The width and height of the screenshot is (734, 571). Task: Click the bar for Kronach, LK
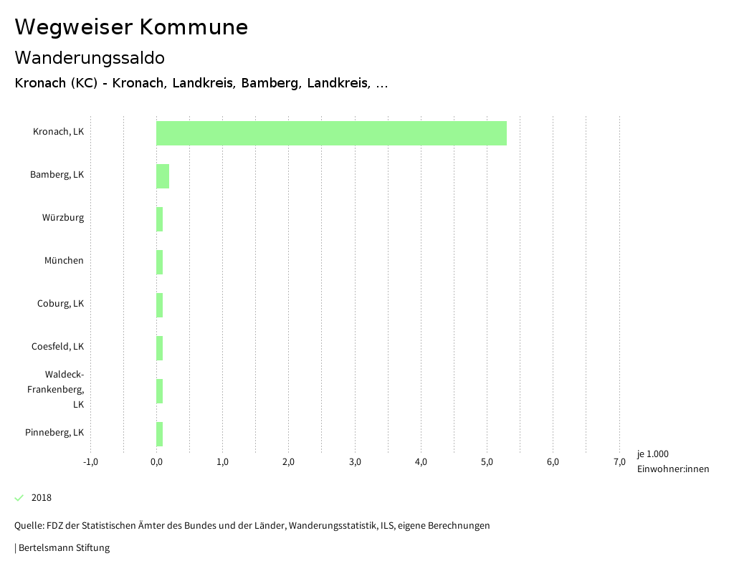331,133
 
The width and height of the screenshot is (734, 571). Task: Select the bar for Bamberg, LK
163,176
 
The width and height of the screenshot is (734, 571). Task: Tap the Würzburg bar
160,219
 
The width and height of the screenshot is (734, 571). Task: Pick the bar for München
160,262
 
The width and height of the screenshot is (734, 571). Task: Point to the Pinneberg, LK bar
160,434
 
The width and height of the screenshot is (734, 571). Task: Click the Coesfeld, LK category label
57,347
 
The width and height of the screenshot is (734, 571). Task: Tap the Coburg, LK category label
60,304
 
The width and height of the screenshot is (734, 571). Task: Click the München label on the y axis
64,261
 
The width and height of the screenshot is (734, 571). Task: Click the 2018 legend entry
41,498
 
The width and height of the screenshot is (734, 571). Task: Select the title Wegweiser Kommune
131,27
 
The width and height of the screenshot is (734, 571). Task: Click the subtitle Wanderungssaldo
90,58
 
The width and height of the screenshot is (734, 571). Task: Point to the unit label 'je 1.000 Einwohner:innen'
672,461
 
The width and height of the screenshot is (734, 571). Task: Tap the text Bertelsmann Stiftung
64,548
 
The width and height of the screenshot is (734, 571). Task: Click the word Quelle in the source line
28,526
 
